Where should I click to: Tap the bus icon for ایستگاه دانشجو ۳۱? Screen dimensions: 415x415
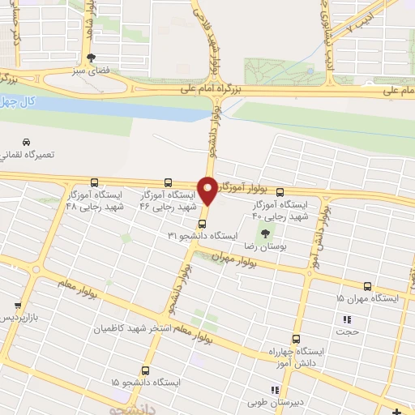[202, 223]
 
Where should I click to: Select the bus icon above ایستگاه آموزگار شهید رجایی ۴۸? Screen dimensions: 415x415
[95, 182]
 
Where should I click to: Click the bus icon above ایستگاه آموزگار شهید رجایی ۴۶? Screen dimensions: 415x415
[168, 182]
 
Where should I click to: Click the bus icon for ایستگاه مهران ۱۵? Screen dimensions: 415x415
[367, 286]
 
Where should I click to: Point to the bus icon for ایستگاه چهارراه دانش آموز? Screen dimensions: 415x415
[296, 340]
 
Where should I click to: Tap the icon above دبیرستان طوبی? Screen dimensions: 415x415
[275, 390]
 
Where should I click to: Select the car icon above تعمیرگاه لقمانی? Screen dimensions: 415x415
[28, 142]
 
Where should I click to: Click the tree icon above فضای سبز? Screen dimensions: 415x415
[91, 58]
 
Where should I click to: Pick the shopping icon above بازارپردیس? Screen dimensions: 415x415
[18, 306]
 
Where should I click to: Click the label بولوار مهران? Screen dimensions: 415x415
[234, 257]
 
